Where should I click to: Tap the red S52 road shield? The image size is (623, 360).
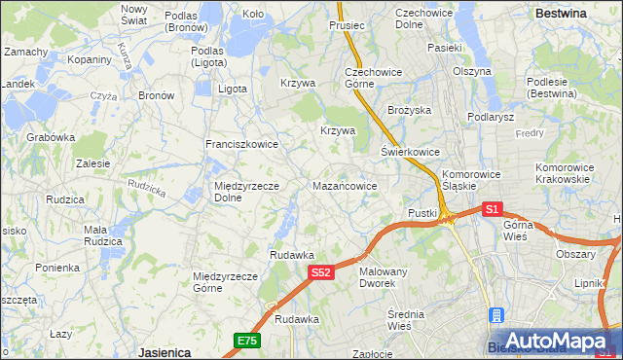point(323,274)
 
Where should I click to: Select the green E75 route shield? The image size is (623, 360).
point(246,340)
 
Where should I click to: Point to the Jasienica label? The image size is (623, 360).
point(164,351)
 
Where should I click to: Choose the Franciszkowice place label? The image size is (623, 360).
point(241,144)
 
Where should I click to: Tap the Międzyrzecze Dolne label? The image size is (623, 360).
point(247,192)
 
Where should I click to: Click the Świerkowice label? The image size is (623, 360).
point(410,153)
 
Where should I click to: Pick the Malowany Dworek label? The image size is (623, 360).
point(384,277)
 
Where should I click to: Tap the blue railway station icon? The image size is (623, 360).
point(497,316)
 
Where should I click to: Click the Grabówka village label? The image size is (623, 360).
point(52,137)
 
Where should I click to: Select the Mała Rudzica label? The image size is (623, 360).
point(102,235)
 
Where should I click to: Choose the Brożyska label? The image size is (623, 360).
point(409,111)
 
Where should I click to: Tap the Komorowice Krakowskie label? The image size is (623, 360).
point(563,173)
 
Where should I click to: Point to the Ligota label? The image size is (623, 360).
point(233,89)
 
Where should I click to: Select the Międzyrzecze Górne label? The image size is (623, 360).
point(225,281)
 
